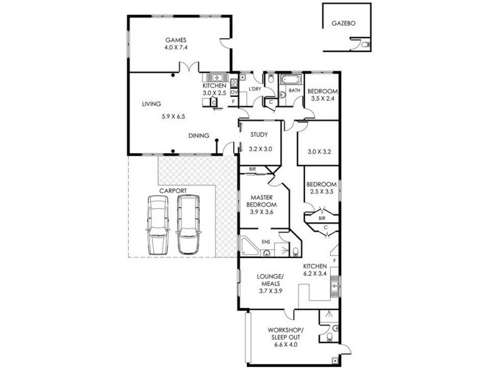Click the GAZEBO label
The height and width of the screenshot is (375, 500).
343,23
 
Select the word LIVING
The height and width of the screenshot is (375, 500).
151,104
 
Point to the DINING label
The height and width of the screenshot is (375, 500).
199,136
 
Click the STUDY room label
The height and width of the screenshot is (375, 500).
259,135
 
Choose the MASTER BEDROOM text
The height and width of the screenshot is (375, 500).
261,201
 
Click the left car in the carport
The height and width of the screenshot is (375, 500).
157,225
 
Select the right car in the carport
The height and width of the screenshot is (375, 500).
188,224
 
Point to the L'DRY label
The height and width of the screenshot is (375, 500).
255,89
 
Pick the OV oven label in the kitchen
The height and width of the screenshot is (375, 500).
234,92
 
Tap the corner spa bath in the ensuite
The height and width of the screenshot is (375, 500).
249,246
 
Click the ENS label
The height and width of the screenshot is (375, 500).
266,242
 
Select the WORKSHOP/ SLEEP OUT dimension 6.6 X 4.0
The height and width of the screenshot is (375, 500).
286,344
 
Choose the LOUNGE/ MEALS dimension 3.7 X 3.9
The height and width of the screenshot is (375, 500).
271,291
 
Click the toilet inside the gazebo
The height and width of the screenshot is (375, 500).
366,44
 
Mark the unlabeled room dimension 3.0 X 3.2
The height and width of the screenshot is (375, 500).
319,152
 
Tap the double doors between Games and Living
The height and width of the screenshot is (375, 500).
189,67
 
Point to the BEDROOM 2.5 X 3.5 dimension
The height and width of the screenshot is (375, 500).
321,192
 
